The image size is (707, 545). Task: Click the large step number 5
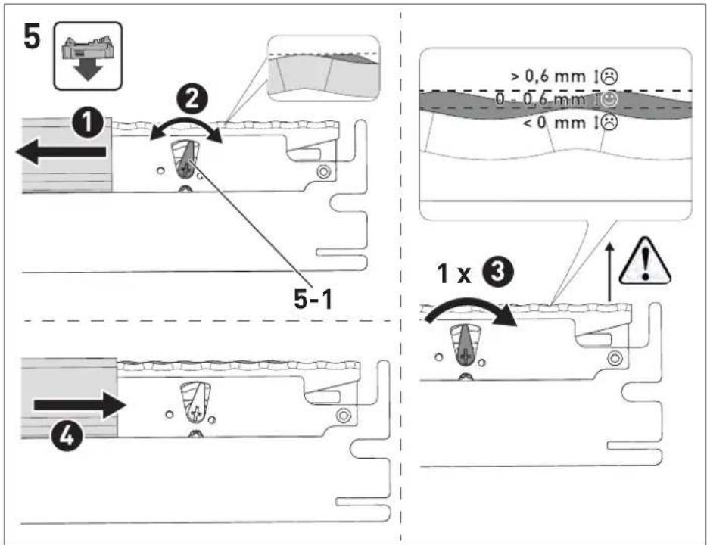[x=32, y=37]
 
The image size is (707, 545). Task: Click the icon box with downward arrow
[x=88, y=56]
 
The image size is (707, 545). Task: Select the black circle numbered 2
[x=192, y=99]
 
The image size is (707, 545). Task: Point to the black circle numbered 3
[x=497, y=272]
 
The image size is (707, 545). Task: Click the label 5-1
[x=313, y=298]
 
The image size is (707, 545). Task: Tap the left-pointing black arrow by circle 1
[x=61, y=152]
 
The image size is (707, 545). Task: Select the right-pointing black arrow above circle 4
[x=79, y=405]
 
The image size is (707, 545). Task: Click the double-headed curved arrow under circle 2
[x=185, y=121]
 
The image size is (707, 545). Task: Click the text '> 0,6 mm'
[x=548, y=76]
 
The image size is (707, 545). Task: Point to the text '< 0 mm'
[x=554, y=122]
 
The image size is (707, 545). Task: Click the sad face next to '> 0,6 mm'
[x=610, y=76]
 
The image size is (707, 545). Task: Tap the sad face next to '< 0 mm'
[x=610, y=123]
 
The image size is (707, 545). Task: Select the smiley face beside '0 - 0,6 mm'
[x=610, y=100]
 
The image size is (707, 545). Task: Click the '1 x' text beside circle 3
[x=454, y=273]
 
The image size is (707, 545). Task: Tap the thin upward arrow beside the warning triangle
[x=609, y=272]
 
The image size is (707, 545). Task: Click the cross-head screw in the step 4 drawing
[x=196, y=413]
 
